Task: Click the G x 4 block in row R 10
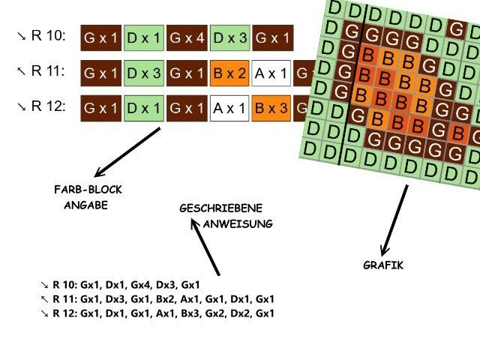(x=187, y=37)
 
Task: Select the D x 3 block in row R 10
(x=230, y=37)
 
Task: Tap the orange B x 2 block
(x=230, y=72)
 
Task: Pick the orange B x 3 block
(x=271, y=107)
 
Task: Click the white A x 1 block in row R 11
(x=271, y=72)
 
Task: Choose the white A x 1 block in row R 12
(x=230, y=107)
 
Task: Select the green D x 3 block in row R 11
(x=143, y=72)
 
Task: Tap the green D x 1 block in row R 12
(x=143, y=107)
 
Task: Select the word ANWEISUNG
(x=238, y=223)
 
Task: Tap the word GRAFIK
(x=383, y=265)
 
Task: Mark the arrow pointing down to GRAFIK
(x=394, y=220)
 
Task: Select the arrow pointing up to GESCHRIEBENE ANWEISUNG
(x=205, y=248)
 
